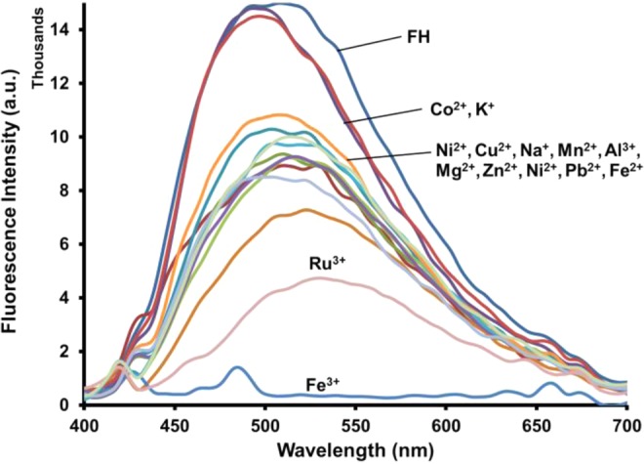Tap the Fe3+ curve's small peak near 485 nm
[x=236, y=368]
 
